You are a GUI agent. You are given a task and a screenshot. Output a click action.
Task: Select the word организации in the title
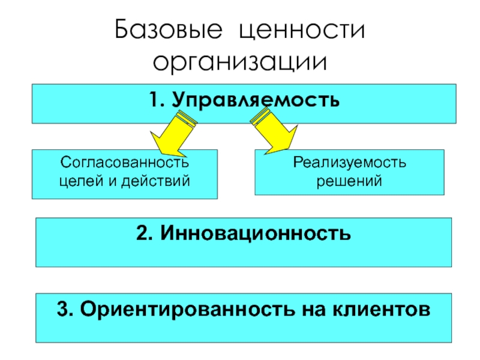tap(240, 62)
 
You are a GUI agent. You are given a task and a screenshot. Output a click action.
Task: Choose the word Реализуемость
tap(349, 163)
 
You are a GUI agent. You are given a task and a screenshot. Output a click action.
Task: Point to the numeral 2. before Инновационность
tap(145, 232)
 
